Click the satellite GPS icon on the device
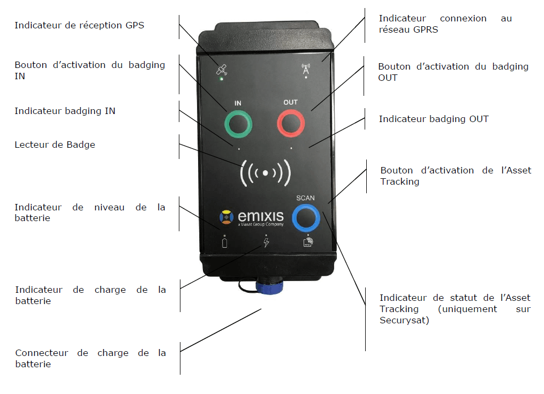(x=222, y=70)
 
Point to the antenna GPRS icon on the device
(x=306, y=69)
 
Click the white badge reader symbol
(x=266, y=173)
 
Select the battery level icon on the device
(x=224, y=243)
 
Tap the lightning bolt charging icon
(x=266, y=242)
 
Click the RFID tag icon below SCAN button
(x=308, y=242)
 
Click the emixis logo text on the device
(x=261, y=216)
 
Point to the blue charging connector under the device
(x=269, y=286)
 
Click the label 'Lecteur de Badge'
(x=55, y=145)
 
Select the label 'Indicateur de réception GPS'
(x=79, y=25)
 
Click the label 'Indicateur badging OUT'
(x=434, y=119)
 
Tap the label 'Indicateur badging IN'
(x=65, y=111)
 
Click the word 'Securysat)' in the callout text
(x=404, y=320)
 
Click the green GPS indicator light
(x=222, y=79)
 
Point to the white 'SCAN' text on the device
(x=305, y=198)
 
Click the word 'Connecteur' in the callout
(x=42, y=353)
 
